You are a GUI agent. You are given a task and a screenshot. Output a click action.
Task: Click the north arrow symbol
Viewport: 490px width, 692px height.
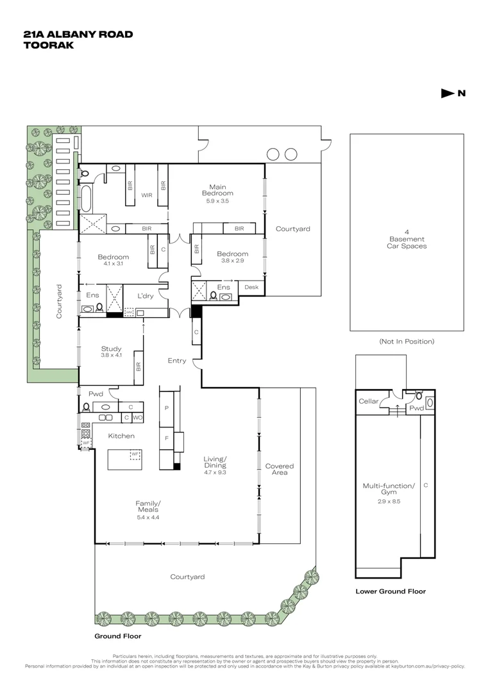(448, 93)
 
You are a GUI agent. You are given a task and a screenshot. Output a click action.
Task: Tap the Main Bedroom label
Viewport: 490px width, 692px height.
(217, 190)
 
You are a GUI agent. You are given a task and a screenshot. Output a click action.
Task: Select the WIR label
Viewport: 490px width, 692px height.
(147, 195)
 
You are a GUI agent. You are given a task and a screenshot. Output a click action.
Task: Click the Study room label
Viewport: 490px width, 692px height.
(112, 349)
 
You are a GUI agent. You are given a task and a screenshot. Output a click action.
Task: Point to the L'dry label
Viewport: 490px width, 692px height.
(145, 295)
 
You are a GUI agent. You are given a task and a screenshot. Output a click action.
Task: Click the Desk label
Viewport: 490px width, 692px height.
(251, 287)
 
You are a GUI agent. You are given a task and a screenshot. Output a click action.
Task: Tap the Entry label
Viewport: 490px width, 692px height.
(177, 361)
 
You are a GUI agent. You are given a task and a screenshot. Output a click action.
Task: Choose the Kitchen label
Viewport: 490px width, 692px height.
(121, 436)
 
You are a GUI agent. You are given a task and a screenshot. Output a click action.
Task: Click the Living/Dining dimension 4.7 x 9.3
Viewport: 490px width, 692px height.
(215, 472)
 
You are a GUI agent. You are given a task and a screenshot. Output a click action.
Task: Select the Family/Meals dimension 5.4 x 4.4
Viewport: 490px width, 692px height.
(148, 517)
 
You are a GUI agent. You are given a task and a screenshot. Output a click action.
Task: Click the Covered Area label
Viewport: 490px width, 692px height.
(279, 469)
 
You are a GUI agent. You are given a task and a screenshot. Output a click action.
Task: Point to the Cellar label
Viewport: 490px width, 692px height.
(369, 401)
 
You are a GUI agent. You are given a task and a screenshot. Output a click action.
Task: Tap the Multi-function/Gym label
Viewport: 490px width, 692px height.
(389, 488)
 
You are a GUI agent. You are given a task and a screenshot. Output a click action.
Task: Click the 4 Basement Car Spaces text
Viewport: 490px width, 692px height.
(407, 239)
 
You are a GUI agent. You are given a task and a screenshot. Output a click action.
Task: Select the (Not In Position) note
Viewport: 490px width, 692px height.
(407, 341)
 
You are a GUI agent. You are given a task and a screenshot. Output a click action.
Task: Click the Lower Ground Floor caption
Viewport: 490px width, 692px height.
(391, 591)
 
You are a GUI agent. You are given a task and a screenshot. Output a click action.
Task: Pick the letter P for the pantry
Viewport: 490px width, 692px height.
(167, 408)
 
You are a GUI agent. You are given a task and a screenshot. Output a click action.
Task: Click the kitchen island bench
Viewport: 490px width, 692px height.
(125, 460)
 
